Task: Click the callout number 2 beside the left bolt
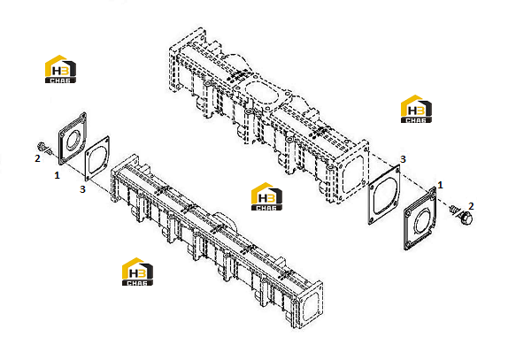37,158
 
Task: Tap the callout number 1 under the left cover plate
57,175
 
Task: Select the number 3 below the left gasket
82,189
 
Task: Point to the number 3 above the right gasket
403,159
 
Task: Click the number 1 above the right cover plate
440,186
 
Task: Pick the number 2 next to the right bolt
471,206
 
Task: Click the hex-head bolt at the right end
466,218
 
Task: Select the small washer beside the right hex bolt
453,209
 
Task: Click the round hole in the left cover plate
73,140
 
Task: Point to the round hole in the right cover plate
421,221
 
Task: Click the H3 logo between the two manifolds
266,196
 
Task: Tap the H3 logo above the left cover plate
60,69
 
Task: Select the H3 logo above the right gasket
416,109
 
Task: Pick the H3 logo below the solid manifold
137,272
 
